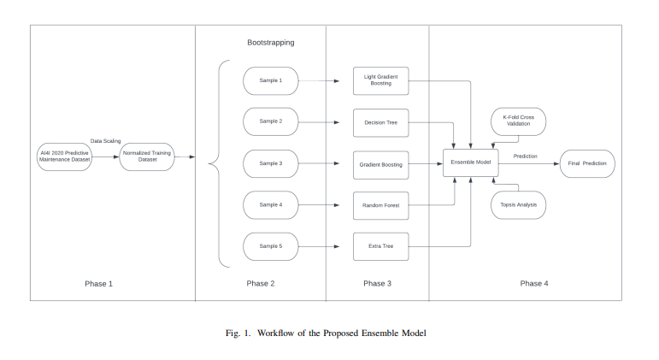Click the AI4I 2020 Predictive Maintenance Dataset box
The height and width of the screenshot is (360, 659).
pyautogui.click(x=64, y=157)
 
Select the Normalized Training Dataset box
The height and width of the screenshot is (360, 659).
pyautogui.click(x=147, y=157)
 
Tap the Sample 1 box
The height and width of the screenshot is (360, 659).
pyautogui.click(x=271, y=81)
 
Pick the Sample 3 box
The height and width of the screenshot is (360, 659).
pyautogui.click(x=271, y=163)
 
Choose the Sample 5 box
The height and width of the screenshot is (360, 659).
pyautogui.click(x=271, y=246)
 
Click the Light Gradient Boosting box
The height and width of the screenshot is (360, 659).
pyautogui.click(x=380, y=81)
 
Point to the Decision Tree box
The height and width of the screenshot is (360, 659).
pyautogui.click(x=380, y=122)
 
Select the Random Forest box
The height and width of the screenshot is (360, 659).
pyautogui.click(x=380, y=205)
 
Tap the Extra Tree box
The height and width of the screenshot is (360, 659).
pyautogui.click(x=380, y=246)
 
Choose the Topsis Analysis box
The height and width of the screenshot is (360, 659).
pyautogui.click(x=518, y=205)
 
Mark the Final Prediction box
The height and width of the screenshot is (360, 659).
pyautogui.click(x=585, y=163)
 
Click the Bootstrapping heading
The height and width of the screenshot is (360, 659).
pyautogui.click(x=270, y=41)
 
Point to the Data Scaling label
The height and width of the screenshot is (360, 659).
pyautogui.click(x=108, y=141)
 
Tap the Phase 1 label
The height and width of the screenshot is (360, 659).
pyautogui.click(x=98, y=283)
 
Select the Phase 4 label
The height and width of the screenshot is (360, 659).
pyautogui.click(x=534, y=283)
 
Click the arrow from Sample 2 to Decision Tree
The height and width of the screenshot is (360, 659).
pyautogui.click(x=326, y=122)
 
